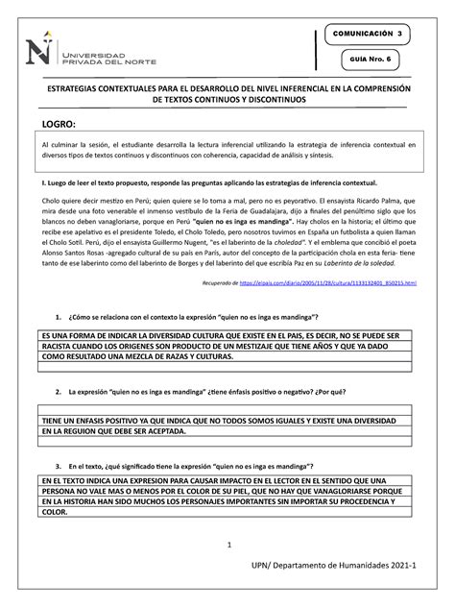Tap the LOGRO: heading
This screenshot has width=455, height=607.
(58, 125)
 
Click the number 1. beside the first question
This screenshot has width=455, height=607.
(59, 317)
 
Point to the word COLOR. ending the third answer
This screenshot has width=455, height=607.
(56, 512)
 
